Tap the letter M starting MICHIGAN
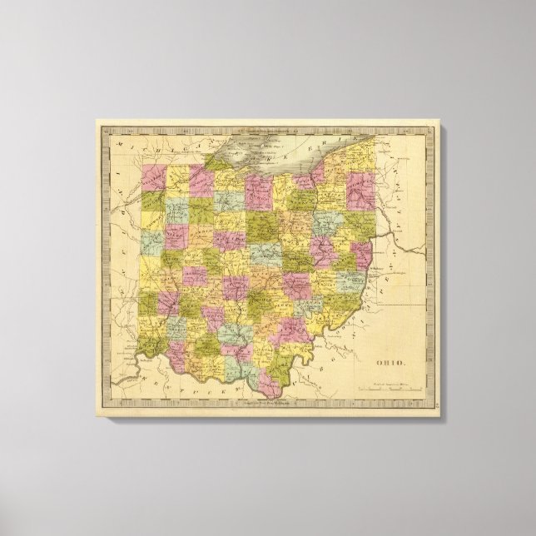(x=118, y=144)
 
